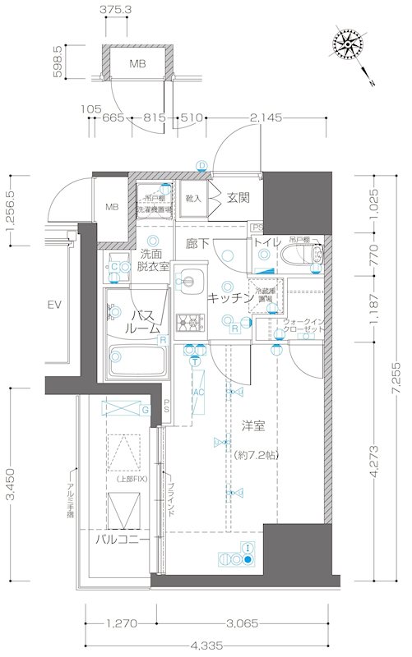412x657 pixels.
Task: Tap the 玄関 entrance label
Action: click(238, 197)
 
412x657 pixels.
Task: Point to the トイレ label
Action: click(267, 242)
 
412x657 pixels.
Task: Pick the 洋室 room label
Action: click(252, 426)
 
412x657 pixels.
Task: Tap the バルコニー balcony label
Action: click(122, 540)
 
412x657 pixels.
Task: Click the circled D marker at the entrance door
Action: click(201, 164)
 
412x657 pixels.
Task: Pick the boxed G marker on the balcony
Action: click(145, 408)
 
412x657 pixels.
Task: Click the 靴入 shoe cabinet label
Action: click(194, 198)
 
